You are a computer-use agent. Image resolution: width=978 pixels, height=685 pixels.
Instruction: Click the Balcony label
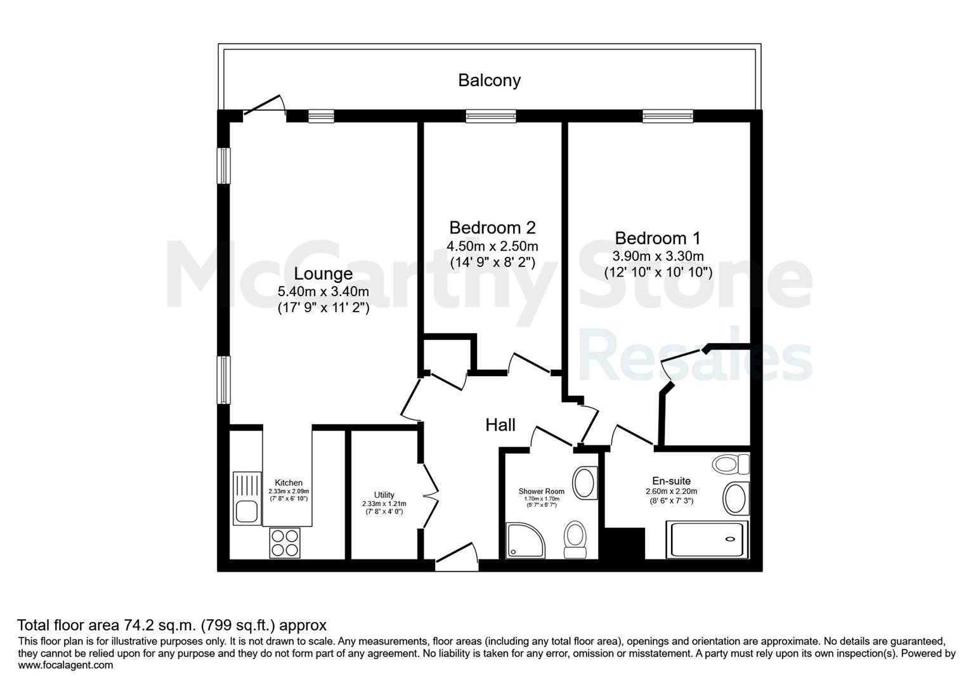(x=489, y=81)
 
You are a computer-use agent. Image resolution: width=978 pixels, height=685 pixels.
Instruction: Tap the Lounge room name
(x=323, y=273)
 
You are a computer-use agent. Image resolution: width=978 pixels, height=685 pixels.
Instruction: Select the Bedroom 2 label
(x=492, y=228)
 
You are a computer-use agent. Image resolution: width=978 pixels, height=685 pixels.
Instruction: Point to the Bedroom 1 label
(x=658, y=238)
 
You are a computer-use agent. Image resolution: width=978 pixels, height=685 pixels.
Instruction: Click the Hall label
(x=500, y=424)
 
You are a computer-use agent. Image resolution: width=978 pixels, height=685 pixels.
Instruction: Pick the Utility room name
(x=384, y=495)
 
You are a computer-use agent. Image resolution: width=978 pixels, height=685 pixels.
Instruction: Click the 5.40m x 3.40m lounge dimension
(x=323, y=291)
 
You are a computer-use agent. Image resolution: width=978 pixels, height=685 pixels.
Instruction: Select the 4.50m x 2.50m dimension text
(x=492, y=246)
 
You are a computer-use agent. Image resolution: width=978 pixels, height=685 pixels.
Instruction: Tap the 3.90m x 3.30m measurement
(x=658, y=256)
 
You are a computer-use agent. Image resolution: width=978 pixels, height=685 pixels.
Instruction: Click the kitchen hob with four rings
(x=285, y=543)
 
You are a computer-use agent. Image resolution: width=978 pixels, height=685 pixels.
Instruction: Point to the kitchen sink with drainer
(x=247, y=498)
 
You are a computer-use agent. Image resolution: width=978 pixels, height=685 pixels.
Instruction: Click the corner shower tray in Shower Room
(x=526, y=540)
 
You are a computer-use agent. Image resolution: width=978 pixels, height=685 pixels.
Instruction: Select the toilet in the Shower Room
(x=575, y=539)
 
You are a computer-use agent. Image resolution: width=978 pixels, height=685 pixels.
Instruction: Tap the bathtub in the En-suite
(x=707, y=539)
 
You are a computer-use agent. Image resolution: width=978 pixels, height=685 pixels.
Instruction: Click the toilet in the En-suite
(x=731, y=464)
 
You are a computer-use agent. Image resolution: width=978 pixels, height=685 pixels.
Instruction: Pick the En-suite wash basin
(x=736, y=498)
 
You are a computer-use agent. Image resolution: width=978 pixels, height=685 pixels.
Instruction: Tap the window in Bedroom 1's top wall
(x=668, y=115)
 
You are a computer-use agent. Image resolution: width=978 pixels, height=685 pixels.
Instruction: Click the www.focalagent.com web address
(x=65, y=665)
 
